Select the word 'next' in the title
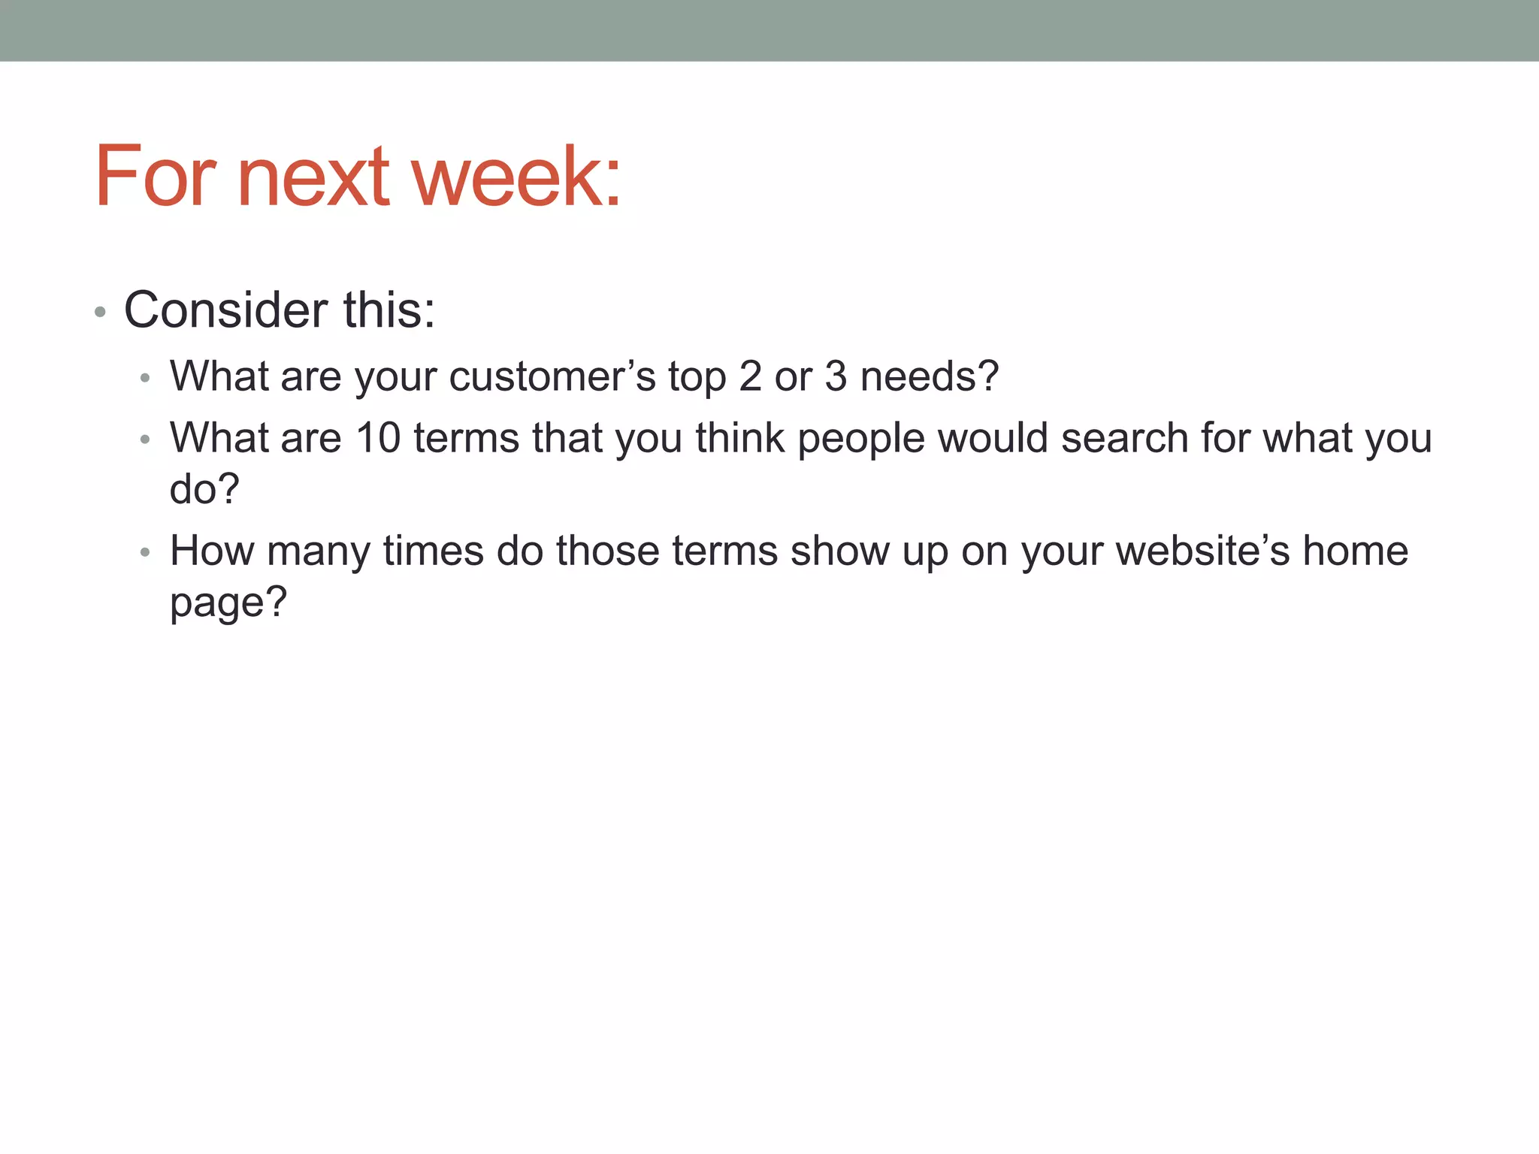pyautogui.click(x=313, y=177)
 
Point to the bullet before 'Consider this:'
pyautogui.click(x=100, y=312)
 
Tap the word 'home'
pyautogui.click(x=1355, y=551)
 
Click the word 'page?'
pyautogui.click(x=228, y=603)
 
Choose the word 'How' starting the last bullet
pyautogui.click(x=212, y=551)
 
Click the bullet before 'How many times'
pyautogui.click(x=146, y=553)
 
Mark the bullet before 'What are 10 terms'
pyautogui.click(x=146, y=440)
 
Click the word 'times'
pyautogui.click(x=433, y=551)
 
